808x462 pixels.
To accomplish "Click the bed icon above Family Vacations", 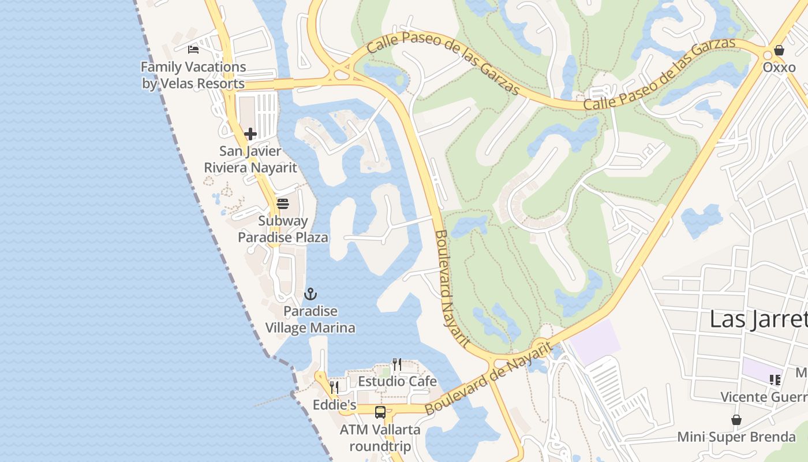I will click(x=193, y=50).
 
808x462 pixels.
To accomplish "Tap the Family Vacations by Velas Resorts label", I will click(x=193, y=75).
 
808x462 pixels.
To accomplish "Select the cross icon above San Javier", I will click(x=250, y=134).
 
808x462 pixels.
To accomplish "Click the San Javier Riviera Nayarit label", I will click(x=250, y=159).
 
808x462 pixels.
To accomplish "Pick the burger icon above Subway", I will click(x=283, y=204).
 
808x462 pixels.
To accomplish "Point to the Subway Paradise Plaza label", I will click(x=283, y=229).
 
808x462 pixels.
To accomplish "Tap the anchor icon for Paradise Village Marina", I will click(x=311, y=295).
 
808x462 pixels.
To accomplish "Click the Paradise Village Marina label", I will click(x=311, y=319).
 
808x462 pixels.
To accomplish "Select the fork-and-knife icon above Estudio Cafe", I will click(x=397, y=364).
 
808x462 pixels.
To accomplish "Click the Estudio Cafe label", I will click(x=397, y=382).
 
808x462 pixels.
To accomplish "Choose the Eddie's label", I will click(x=334, y=405).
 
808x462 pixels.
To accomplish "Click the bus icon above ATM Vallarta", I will click(x=380, y=412).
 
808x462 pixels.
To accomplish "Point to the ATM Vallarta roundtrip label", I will click(x=380, y=438).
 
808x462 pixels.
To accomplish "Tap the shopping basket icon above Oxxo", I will click(x=779, y=50).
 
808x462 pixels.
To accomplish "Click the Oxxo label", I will click(x=779, y=67).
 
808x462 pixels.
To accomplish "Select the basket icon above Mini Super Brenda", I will click(x=736, y=420).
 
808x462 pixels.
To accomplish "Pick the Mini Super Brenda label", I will click(x=736, y=437).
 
